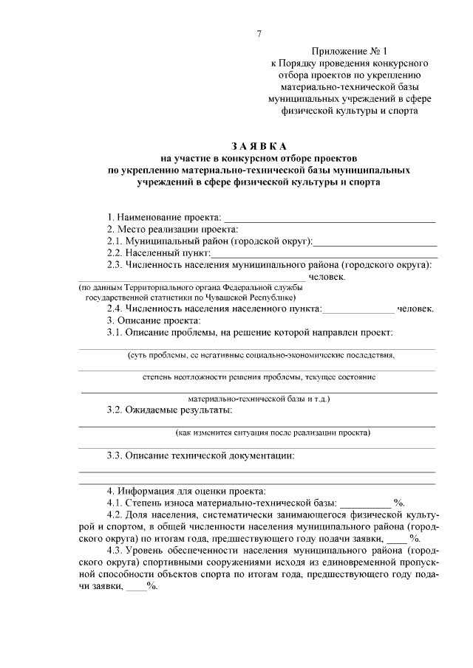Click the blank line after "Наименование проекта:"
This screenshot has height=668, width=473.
[x=329, y=219]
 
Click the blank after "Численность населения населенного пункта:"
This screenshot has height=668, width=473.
[x=358, y=310]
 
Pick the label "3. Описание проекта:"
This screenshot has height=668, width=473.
[x=153, y=320]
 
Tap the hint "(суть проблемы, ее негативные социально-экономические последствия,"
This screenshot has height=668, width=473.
[x=261, y=355]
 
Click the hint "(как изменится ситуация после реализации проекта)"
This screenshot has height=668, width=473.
[x=273, y=433]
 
